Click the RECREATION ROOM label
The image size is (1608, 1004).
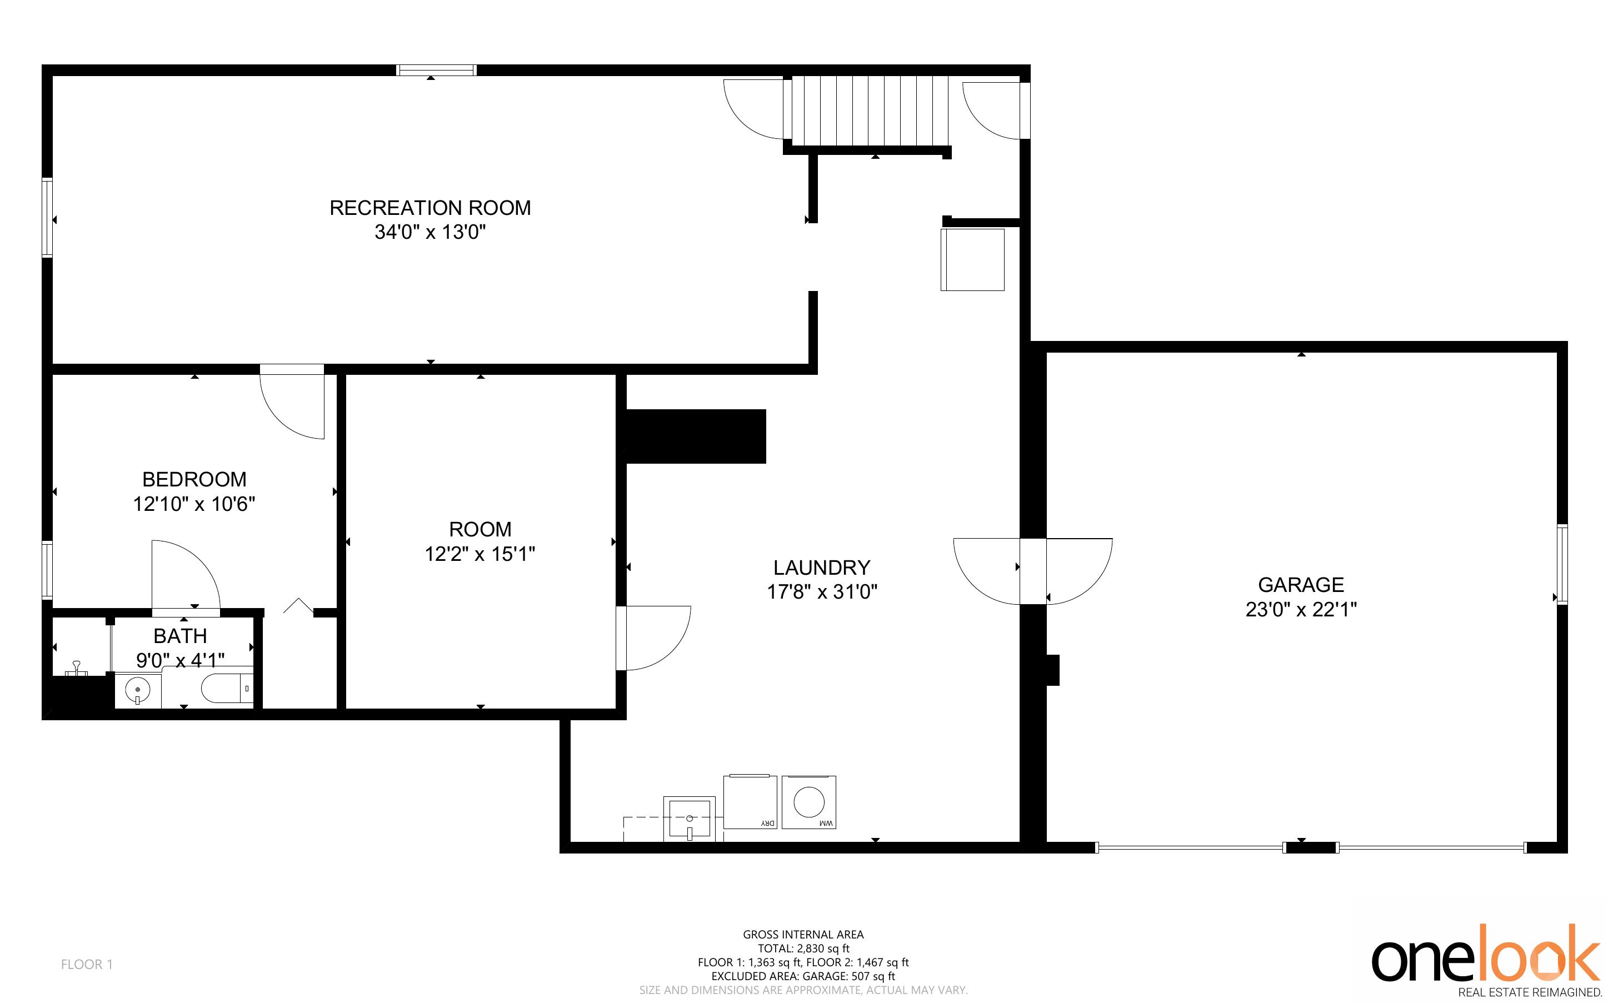click(x=431, y=208)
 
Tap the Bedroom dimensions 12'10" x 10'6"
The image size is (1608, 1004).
click(x=194, y=504)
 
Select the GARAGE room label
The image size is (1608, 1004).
click(x=1301, y=584)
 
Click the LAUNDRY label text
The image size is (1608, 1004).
click(x=822, y=568)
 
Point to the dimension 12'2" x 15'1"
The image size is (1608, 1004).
click(x=480, y=554)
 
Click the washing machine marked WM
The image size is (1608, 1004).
click(x=808, y=802)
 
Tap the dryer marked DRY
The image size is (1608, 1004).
click(x=750, y=801)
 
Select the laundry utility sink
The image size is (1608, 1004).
click(x=689, y=819)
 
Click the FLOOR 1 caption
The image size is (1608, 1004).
click(x=87, y=964)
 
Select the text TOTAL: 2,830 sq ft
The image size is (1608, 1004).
click(x=803, y=948)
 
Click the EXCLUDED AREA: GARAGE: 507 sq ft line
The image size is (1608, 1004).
click(x=803, y=976)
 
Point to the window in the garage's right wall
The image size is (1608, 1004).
click(x=1562, y=564)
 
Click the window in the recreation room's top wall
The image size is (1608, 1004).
click(x=436, y=70)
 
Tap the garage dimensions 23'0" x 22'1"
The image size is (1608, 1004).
click(x=1301, y=609)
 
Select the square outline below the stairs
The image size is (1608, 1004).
click(x=972, y=260)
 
